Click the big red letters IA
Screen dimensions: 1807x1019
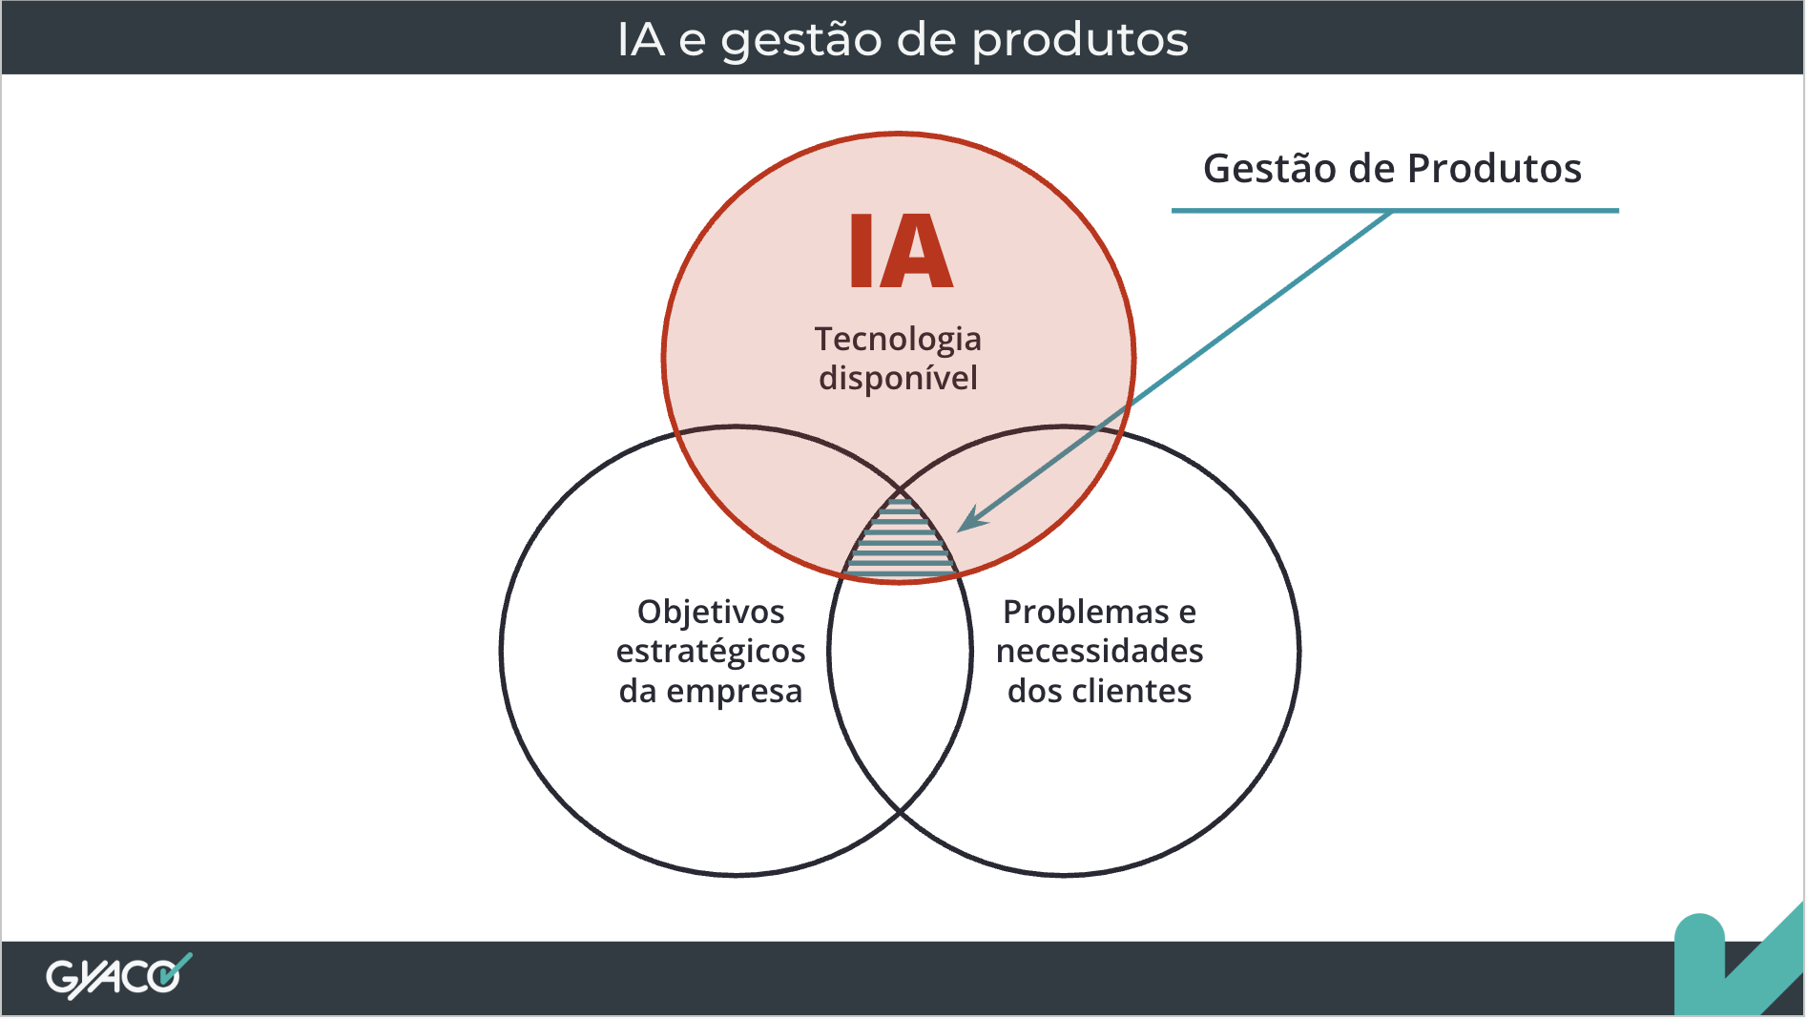(x=901, y=251)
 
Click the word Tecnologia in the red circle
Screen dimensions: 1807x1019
(x=898, y=340)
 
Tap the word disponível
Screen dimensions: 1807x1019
(x=898, y=378)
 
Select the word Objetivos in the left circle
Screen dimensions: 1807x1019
(x=711, y=613)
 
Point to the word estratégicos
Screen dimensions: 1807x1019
(x=711, y=652)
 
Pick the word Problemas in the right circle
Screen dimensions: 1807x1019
(x=1086, y=612)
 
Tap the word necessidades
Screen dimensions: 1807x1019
(x=1100, y=651)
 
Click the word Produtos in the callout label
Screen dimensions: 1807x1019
(x=1494, y=169)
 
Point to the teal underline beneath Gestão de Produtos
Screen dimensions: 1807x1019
(x=1395, y=210)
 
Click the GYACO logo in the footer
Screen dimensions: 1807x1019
(x=118, y=976)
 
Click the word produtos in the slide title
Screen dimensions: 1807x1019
(x=1081, y=40)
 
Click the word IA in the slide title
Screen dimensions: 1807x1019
(x=640, y=39)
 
